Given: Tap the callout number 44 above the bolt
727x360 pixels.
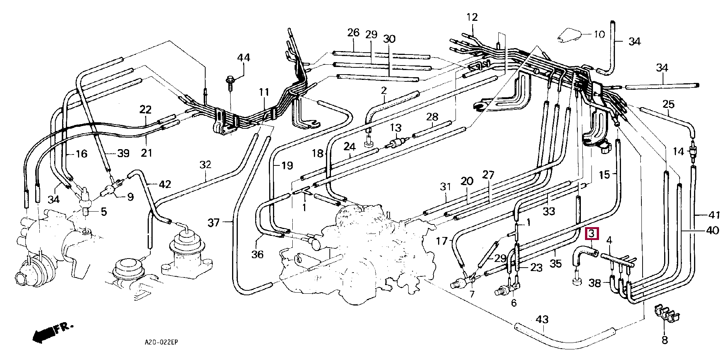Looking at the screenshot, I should coord(243,58).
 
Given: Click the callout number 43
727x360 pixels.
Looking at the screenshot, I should coord(542,320).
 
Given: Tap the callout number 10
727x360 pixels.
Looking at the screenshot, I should coord(599,34).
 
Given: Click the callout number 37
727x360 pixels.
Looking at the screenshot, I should coord(214,222).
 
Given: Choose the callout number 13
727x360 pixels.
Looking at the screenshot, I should coord(396,128).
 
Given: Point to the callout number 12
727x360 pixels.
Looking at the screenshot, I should coord(472,17).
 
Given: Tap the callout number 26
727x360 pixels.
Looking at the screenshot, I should coord(353,33).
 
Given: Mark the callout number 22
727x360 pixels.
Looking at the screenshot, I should coord(145,110).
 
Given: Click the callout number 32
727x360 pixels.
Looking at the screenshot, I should coord(205,165).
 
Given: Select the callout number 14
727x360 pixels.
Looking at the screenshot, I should coord(679,152).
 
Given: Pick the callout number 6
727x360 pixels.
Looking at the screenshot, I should coord(513,303).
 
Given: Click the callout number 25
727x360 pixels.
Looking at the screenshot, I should coord(669,104).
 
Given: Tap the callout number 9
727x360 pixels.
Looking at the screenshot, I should coord(130,197).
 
